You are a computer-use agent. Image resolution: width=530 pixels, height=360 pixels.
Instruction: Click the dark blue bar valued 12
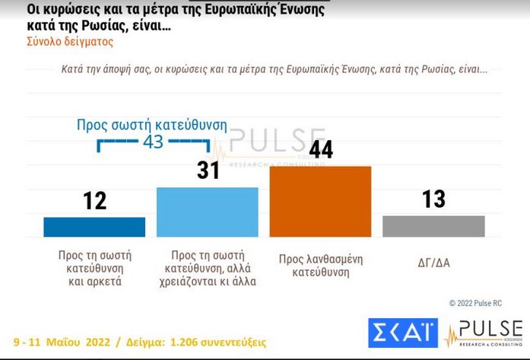click(x=94, y=227)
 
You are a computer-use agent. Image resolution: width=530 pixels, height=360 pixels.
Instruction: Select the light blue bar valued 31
click(x=207, y=212)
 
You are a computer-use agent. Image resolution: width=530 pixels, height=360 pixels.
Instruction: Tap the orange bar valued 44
click(x=320, y=202)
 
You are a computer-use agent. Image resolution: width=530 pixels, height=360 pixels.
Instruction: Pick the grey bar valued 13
click(x=433, y=226)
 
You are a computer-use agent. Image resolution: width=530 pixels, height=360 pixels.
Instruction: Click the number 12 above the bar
click(x=94, y=200)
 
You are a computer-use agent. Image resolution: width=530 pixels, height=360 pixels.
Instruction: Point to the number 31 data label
click(x=208, y=170)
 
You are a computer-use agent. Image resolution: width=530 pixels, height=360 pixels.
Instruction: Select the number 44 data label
click(x=321, y=149)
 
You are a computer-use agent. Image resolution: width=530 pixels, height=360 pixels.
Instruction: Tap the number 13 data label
click(x=433, y=199)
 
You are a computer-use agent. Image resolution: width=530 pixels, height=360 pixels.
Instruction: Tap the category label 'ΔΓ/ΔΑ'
click(x=433, y=262)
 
